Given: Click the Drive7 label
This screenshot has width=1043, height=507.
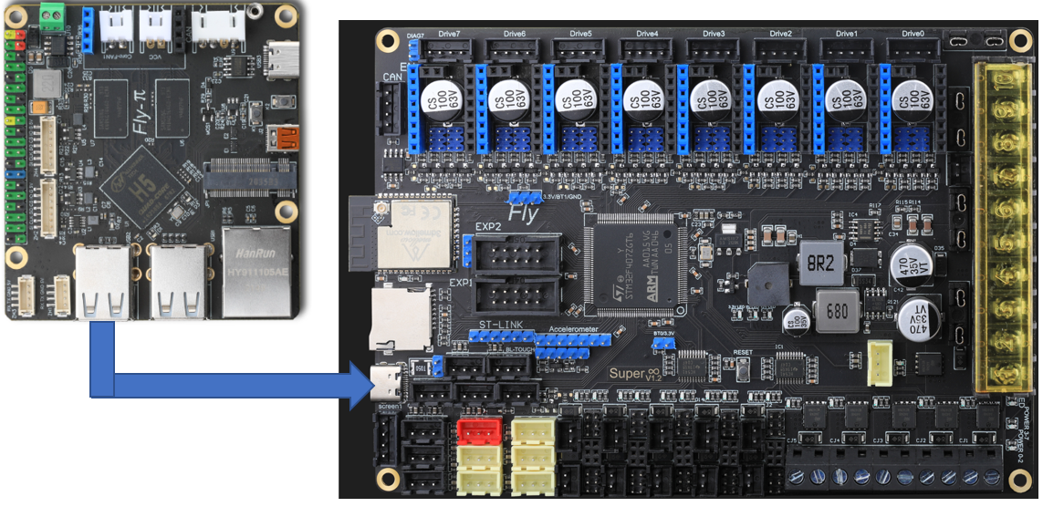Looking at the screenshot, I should (449, 34).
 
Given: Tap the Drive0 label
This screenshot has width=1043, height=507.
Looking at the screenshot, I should (913, 34).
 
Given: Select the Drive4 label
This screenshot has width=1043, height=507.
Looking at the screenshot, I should (648, 34).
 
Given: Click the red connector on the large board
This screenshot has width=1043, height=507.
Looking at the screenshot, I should (477, 429).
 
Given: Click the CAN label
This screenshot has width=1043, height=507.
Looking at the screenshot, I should (392, 78).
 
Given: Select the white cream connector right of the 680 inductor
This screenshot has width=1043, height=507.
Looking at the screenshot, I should (881, 355).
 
